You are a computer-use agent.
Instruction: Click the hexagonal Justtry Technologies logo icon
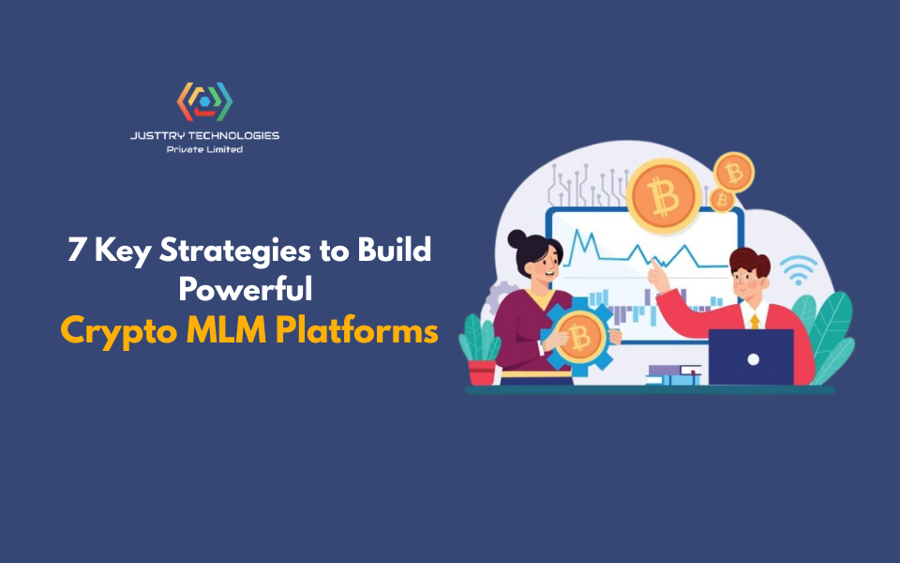tap(204, 101)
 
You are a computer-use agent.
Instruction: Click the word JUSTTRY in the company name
tap(157, 135)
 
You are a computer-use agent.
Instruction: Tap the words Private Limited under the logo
tap(204, 149)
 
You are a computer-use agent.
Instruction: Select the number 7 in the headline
tap(76, 250)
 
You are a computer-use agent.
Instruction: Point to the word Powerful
tap(246, 288)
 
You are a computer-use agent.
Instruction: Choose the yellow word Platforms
tap(357, 330)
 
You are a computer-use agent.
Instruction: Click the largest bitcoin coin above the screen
tap(664, 196)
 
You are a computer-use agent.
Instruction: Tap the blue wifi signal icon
tap(799, 270)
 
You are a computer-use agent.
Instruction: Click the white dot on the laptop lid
tap(753, 359)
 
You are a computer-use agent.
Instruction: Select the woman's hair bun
tap(517, 238)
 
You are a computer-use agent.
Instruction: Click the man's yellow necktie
tap(754, 321)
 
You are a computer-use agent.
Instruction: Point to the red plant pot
tap(482, 373)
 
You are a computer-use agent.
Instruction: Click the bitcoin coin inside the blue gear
tap(579, 337)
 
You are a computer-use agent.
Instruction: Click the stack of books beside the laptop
tap(674, 374)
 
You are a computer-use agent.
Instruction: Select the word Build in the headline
tap(395, 249)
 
